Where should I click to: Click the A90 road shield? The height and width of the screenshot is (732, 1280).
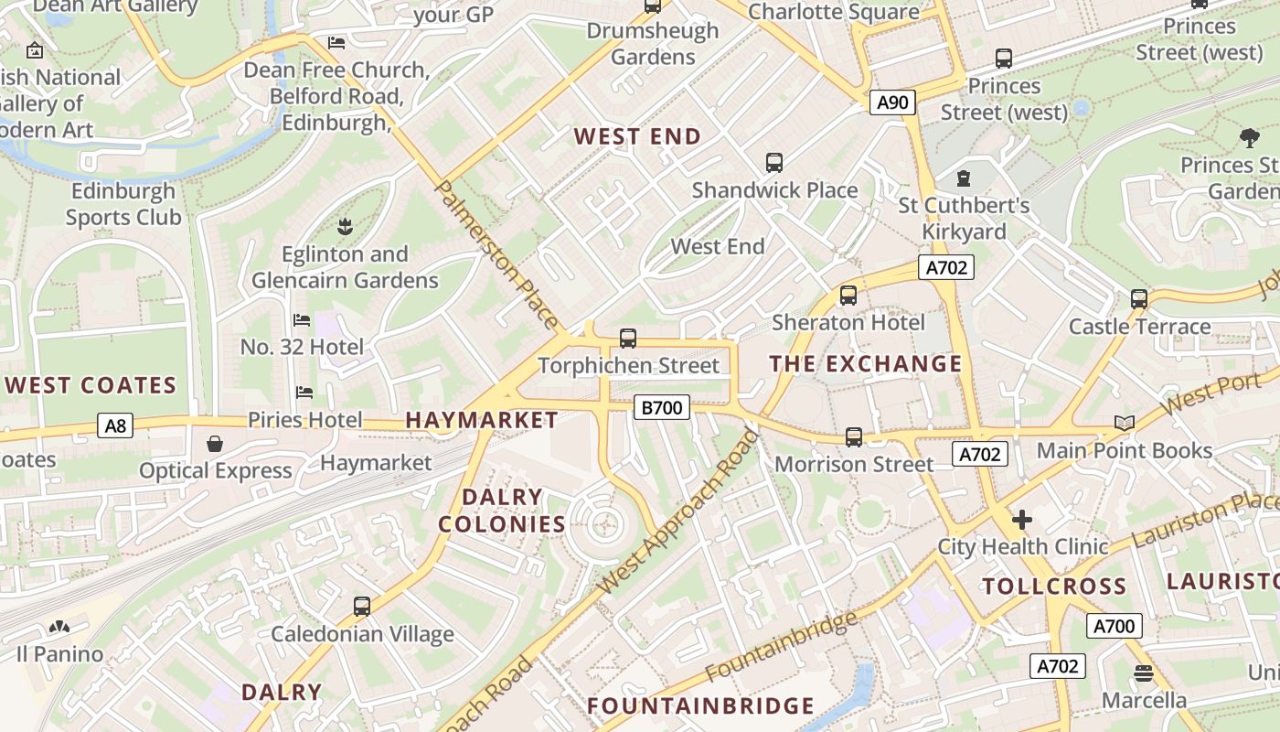(892, 102)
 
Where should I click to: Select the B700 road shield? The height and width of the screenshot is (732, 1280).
(661, 407)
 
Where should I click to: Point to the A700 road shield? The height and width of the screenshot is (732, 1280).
(1114, 626)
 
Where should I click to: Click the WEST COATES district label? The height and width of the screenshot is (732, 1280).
(91, 385)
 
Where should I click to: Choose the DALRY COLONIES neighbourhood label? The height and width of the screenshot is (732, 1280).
(502, 511)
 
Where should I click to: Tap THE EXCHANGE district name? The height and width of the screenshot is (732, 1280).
(865, 364)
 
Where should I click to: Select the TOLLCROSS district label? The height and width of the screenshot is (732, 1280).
(1053, 587)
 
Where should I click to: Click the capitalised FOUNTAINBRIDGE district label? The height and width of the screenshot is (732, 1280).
(700, 706)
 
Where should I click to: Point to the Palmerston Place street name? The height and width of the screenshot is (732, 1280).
(496, 254)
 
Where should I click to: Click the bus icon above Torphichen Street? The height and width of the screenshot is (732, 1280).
(628, 339)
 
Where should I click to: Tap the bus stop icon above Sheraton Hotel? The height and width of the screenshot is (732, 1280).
(848, 296)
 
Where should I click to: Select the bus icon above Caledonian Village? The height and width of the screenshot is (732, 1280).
(362, 606)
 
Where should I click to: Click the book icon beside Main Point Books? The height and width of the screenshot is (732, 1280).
(1124, 423)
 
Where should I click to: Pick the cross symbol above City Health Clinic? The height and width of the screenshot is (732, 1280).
(1022, 520)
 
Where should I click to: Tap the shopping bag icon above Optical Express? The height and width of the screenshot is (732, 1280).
(215, 444)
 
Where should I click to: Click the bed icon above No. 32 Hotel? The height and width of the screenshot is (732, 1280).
(302, 320)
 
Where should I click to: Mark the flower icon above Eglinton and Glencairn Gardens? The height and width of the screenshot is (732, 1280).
(345, 225)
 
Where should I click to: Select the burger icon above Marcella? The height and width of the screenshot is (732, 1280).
(1143, 674)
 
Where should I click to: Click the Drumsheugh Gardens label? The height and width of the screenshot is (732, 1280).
(652, 44)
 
